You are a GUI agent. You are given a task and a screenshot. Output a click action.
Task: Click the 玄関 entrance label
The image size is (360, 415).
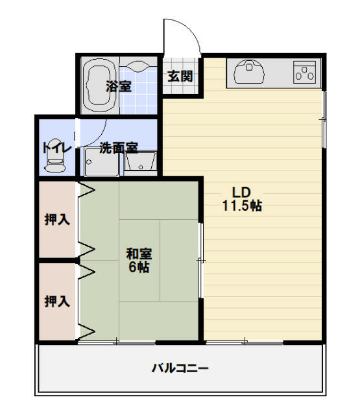[x=180, y=77]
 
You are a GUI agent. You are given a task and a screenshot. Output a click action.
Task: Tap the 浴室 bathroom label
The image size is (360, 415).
[x=119, y=86]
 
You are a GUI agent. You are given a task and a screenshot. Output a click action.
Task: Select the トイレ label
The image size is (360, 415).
[x=57, y=148]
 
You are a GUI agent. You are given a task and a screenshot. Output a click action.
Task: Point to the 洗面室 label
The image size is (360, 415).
[x=119, y=148]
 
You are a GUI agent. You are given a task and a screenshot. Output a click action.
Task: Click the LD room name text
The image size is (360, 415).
[x=241, y=193]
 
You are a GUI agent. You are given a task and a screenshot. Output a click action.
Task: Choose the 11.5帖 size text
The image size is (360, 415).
[x=242, y=206]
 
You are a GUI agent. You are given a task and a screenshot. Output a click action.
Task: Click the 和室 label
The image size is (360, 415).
[x=139, y=254]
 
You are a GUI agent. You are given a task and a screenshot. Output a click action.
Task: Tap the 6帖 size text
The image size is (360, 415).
[x=139, y=267]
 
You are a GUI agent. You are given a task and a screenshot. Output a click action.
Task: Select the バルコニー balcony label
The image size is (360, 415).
[x=180, y=368]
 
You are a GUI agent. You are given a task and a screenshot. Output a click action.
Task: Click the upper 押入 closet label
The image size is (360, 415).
[x=57, y=219]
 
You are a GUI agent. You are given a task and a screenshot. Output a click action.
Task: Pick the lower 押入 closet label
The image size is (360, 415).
[x=57, y=301]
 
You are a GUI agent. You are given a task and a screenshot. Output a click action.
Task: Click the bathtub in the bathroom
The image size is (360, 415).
[x=99, y=85]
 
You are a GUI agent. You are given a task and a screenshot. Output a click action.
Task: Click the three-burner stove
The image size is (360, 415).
[x=304, y=72]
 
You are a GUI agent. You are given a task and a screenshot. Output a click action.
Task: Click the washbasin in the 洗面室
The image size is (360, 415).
[x=140, y=161]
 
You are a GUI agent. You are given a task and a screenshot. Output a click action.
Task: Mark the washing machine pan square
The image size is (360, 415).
[x=101, y=162]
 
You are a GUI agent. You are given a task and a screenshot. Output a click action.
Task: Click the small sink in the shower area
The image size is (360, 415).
[x=138, y=66]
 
